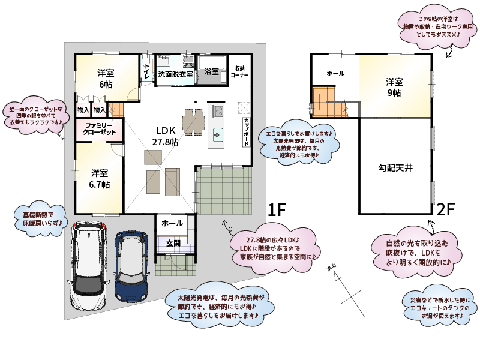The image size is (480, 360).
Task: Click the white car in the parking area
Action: point(88,264)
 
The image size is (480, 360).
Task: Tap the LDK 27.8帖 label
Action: point(165,136)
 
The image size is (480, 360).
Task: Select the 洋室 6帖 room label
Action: point(106,79)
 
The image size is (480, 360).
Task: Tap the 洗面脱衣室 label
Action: point(175,74)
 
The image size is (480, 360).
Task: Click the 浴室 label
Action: point(211,72)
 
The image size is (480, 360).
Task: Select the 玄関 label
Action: point(173,243)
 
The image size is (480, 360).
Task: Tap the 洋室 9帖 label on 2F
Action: point(394,87)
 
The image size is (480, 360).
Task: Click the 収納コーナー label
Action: point(239,73)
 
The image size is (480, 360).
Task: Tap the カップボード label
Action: point(246,131)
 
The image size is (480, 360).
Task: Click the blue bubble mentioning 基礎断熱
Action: point(38,219)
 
